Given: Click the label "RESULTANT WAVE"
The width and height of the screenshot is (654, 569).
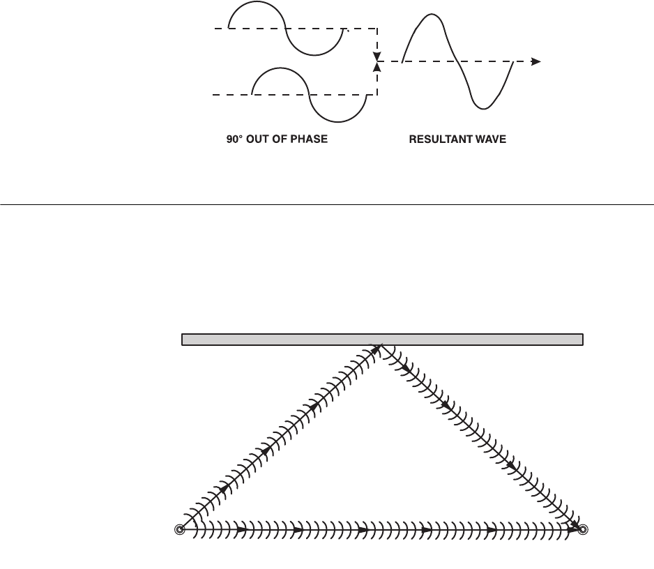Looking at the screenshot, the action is click(x=457, y=139).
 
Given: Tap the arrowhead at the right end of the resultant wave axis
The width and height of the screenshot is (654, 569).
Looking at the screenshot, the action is click(x=536, y=61).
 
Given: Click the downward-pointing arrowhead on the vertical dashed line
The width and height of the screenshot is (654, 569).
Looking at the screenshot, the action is click(x=377, y=55).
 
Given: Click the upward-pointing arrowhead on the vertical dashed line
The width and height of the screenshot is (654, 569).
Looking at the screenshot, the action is click(x=377, y=66).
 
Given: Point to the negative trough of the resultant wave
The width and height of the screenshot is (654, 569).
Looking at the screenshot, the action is click(x=482, y=107).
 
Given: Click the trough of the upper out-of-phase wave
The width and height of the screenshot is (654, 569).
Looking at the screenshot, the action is click(x=316, y=54).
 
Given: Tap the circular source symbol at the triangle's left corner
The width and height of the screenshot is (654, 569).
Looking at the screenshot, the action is click(x=179, y=530).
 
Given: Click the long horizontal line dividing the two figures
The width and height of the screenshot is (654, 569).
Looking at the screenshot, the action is click(x=327, y=204).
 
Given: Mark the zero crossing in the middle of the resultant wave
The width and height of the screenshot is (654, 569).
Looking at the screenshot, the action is click(x=456, y=61).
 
